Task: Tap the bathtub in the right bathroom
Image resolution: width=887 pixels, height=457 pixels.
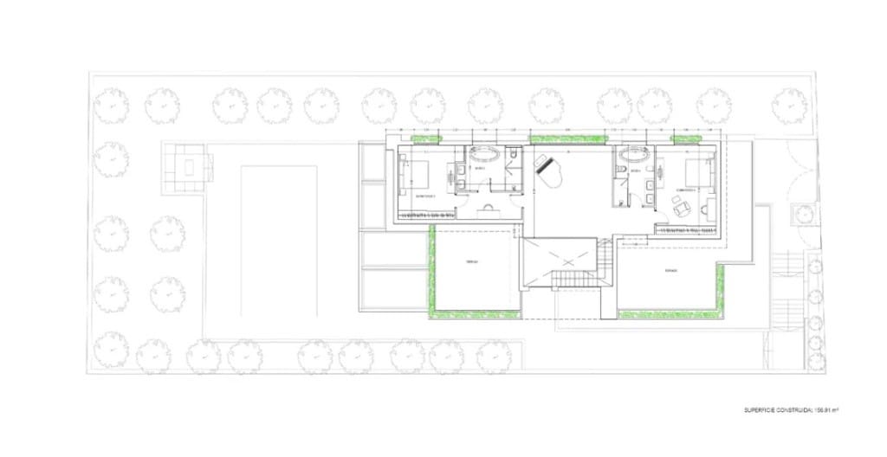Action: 635,158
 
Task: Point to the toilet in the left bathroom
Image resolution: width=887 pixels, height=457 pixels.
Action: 514,155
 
